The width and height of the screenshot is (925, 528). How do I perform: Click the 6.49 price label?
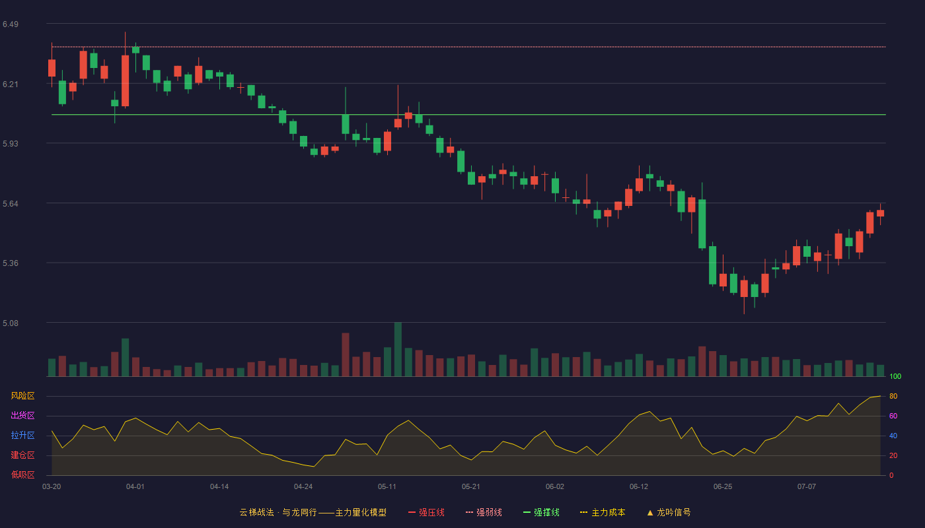pyautogui.click(x=11, y=24)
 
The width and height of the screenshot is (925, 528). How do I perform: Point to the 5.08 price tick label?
pyautogui.click(x=11, y=323)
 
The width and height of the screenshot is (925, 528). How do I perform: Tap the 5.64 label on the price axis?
pyautogui.click(x=11, y=204)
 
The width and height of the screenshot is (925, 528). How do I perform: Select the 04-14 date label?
pyautogui.click(x=219, y=487)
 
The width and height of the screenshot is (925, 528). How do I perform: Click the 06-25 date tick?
pyautogui.click(x=723, y=487)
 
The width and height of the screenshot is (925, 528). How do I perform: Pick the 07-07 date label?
pyautogui.click(x=807, y=487)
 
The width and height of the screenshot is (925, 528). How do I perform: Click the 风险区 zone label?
pyautogui.click(x=22, y=396)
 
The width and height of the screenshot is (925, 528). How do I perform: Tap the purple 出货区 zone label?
pyautogui.click(x=22, y=415)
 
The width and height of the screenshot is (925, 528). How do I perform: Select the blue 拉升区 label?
pyautogui.click(x=22, y=435)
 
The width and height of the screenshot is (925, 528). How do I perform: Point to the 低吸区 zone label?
pyautogui.click(x=22, y=475)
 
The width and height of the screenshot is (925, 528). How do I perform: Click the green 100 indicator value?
pyautogui.click(x=895, y=376)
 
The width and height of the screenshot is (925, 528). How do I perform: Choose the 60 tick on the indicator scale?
pyautogui.click(x=893, y=416)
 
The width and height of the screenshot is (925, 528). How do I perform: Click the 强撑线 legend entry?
pyautogui.click(x=541, y=512)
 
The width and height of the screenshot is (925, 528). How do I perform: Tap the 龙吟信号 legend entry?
pyautogui.click(x=669, y=512)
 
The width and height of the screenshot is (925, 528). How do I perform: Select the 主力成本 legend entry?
pyautogui.click(x=603, y=512)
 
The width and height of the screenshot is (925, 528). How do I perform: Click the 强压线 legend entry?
pyautogui.click(x=426, y=512)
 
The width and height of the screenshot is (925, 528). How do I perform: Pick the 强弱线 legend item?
pyautogui.click(x=484, y=512)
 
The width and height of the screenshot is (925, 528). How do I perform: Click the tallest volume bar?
pyautogui.click(x=398, y=349)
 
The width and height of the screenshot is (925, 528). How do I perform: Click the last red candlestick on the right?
pyautogui.click(x=880, y=213)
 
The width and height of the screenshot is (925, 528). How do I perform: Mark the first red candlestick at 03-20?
pyautogui.click(x=52, y=68)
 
